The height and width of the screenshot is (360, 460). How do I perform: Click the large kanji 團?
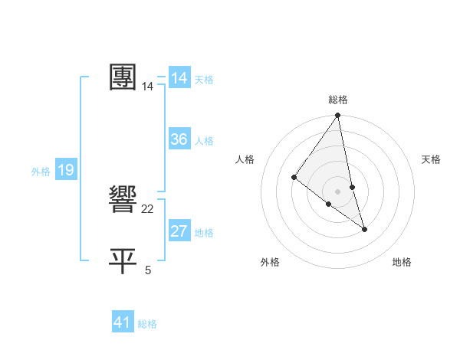click(x=123, y=77)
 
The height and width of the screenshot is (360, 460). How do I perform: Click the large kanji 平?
click(x=123, y=261)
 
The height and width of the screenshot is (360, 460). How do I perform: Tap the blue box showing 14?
click(x=179, y=78)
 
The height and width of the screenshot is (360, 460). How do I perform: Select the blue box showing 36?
click(x=179, y=139)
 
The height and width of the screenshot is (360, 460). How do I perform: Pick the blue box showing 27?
click(x=179, y=231)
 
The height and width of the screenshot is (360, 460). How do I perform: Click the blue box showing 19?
click(x=66, y=170)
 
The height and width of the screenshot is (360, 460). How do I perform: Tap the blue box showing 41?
click(x=123, y=322)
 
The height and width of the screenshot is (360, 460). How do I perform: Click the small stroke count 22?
click(x=148, y=209)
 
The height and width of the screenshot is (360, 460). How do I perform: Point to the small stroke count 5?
click(x=148, y=270)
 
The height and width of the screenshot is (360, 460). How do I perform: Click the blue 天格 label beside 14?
click(x=204, y=80)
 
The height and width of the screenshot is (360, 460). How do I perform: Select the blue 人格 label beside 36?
click(x=204, y=141)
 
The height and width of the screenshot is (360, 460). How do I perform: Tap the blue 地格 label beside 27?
click(x=204, y=233)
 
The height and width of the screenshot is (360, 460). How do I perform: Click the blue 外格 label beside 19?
click(x=41, y=172)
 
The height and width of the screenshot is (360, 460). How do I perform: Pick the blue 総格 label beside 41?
click(x=147, y=324)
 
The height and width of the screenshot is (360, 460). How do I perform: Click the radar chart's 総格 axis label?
click(x=338, y=100)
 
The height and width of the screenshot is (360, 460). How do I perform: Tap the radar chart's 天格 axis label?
click(x=431, y=159)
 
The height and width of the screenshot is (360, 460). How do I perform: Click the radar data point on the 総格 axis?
click(x=338, y=116)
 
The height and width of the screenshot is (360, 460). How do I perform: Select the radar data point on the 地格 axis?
click(x=364, y=228)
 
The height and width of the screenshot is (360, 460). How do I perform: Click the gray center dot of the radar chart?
click(x=338, y=191)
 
